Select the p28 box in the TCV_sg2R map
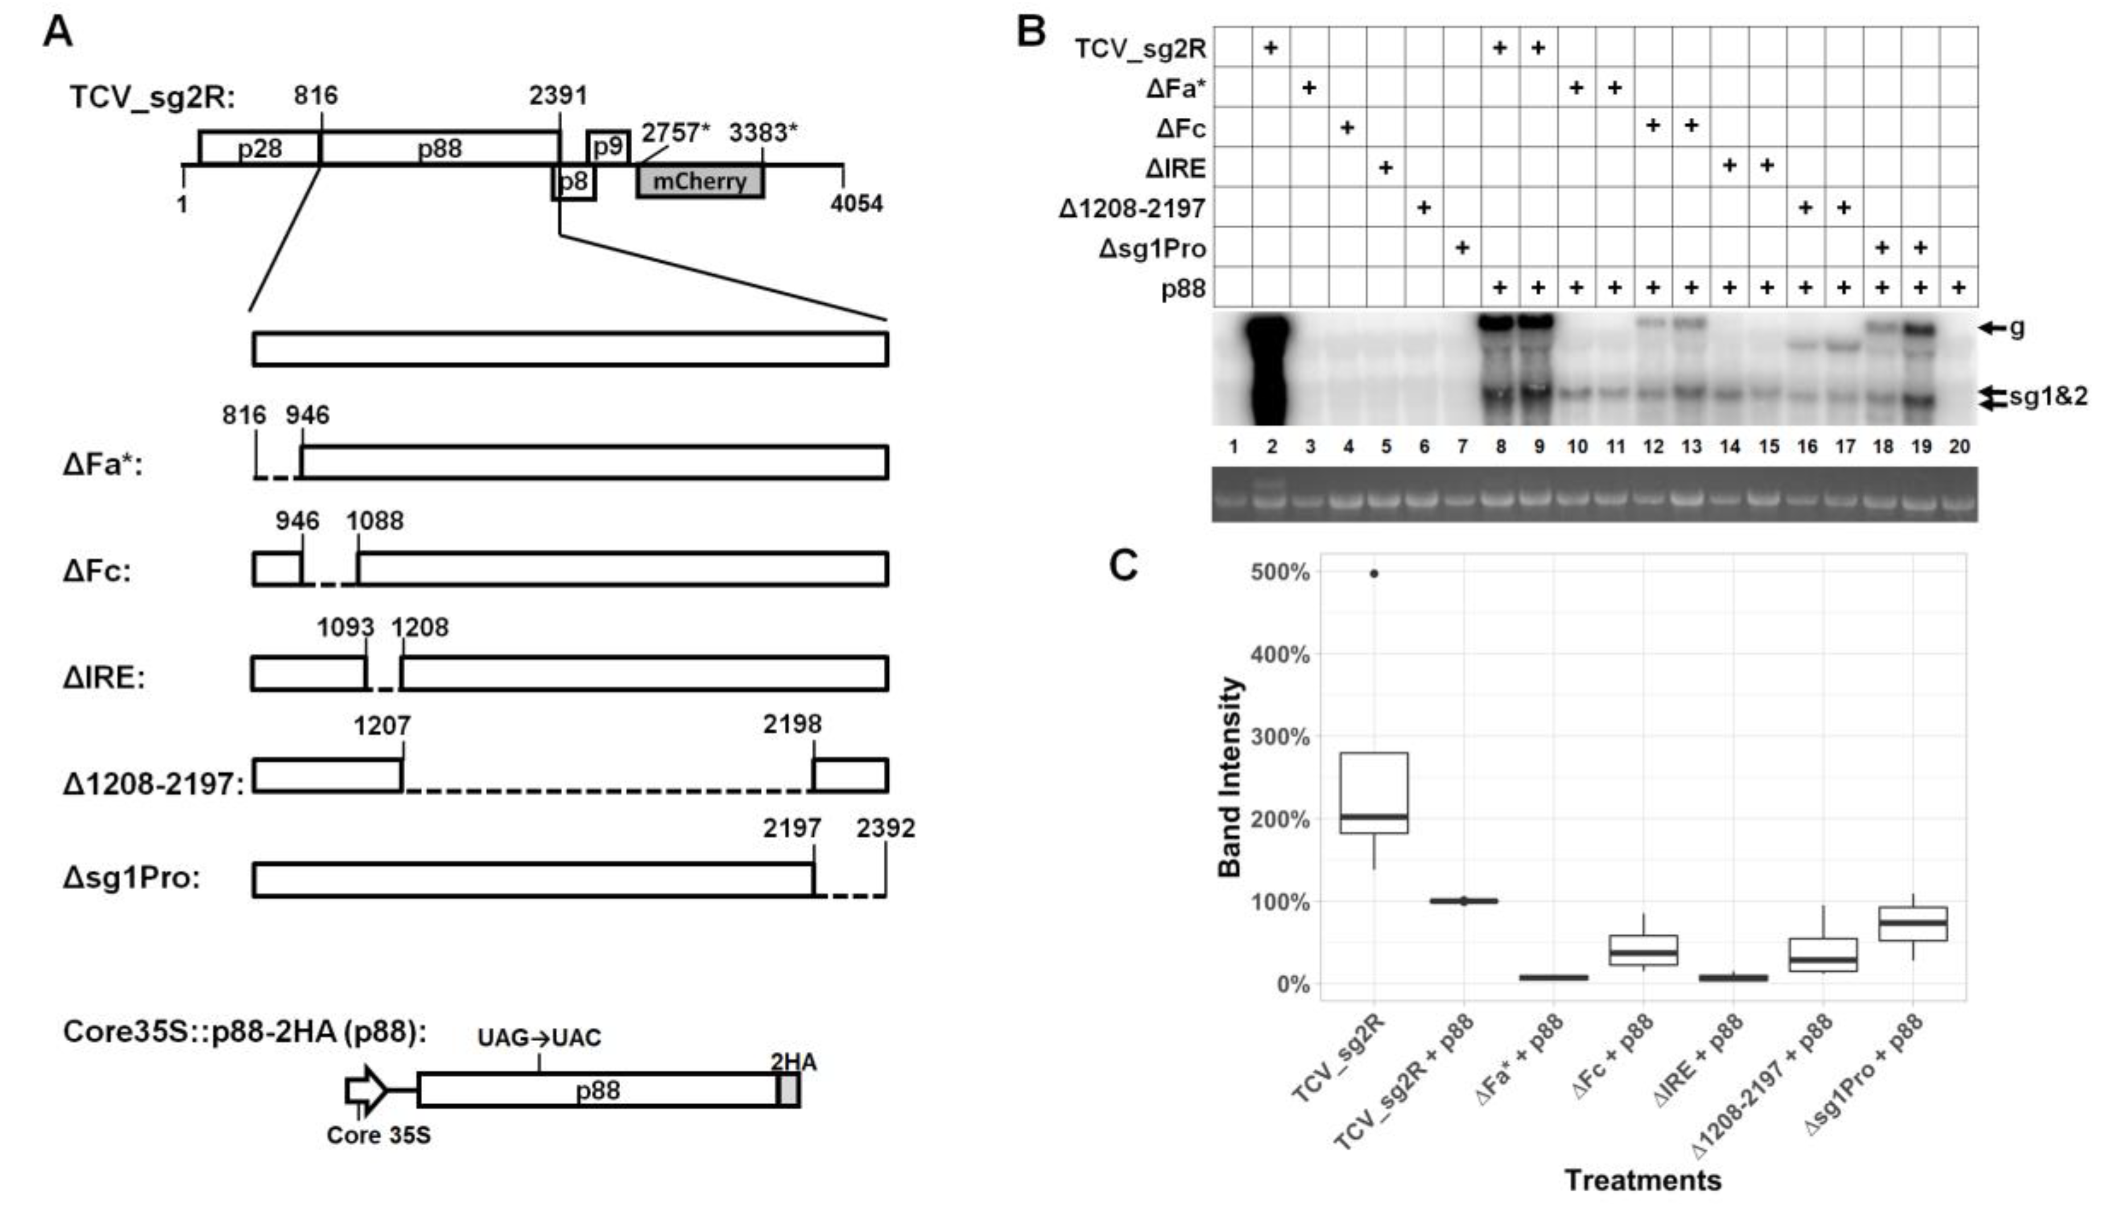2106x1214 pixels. [259, 147]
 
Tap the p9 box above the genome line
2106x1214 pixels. [607, 147]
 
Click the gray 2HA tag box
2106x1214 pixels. [789, 1090]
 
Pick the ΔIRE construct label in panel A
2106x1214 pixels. [104, 677]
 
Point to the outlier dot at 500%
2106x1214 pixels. [1374, 573]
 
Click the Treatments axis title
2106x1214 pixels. [1642, 1180]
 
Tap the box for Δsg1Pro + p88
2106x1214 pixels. [1913, 924]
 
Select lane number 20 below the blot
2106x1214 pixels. [1959, 447]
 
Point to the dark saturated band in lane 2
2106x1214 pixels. [1271, 367]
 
